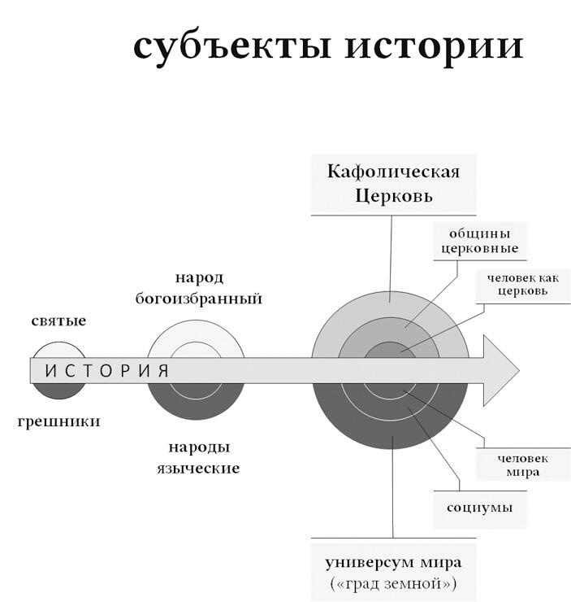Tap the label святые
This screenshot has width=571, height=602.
(58, 321)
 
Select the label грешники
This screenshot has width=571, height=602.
(58, 421)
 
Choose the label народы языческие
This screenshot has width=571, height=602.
(198, 458)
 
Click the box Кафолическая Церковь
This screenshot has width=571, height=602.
(393, 184)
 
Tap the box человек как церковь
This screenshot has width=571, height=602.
(523, 285)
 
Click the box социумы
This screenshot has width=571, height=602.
(479, 508)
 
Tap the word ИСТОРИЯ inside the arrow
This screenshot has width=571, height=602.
(106, 371)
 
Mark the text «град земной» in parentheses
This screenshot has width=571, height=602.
(393, 583)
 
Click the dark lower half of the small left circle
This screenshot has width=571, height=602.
(58, 390)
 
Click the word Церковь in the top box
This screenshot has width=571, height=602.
(393, 196)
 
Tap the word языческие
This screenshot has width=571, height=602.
(198, 469)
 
